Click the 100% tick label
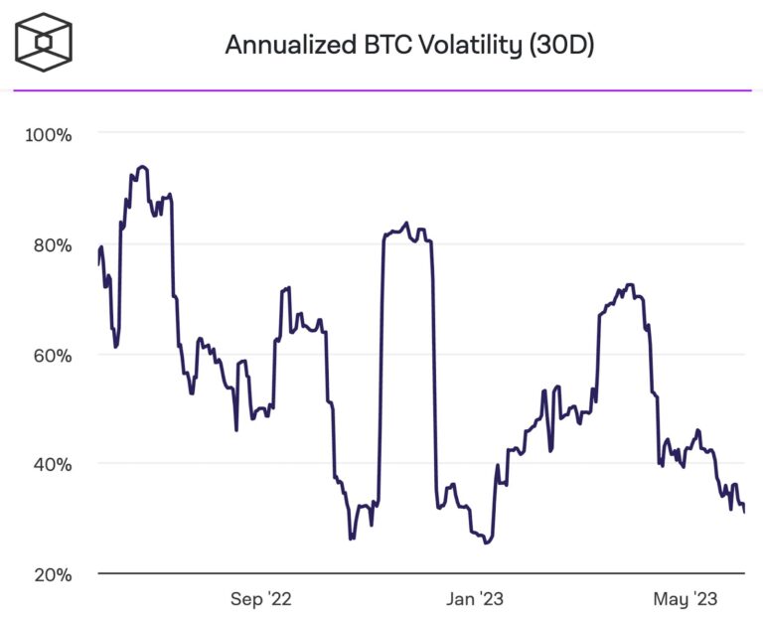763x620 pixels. tap(48, 134)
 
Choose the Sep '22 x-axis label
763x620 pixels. tap(261, 599)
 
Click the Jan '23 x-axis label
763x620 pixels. tap(475, 599)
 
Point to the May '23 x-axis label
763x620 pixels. tap(686, 599)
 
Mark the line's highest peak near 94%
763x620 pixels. tap(142, 167)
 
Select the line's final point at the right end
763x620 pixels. tap(744, 512)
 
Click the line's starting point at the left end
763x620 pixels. tap(99, 263)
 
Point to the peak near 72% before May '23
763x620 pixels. tap(629, 285)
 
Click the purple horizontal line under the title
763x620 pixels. tap(381, 90)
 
